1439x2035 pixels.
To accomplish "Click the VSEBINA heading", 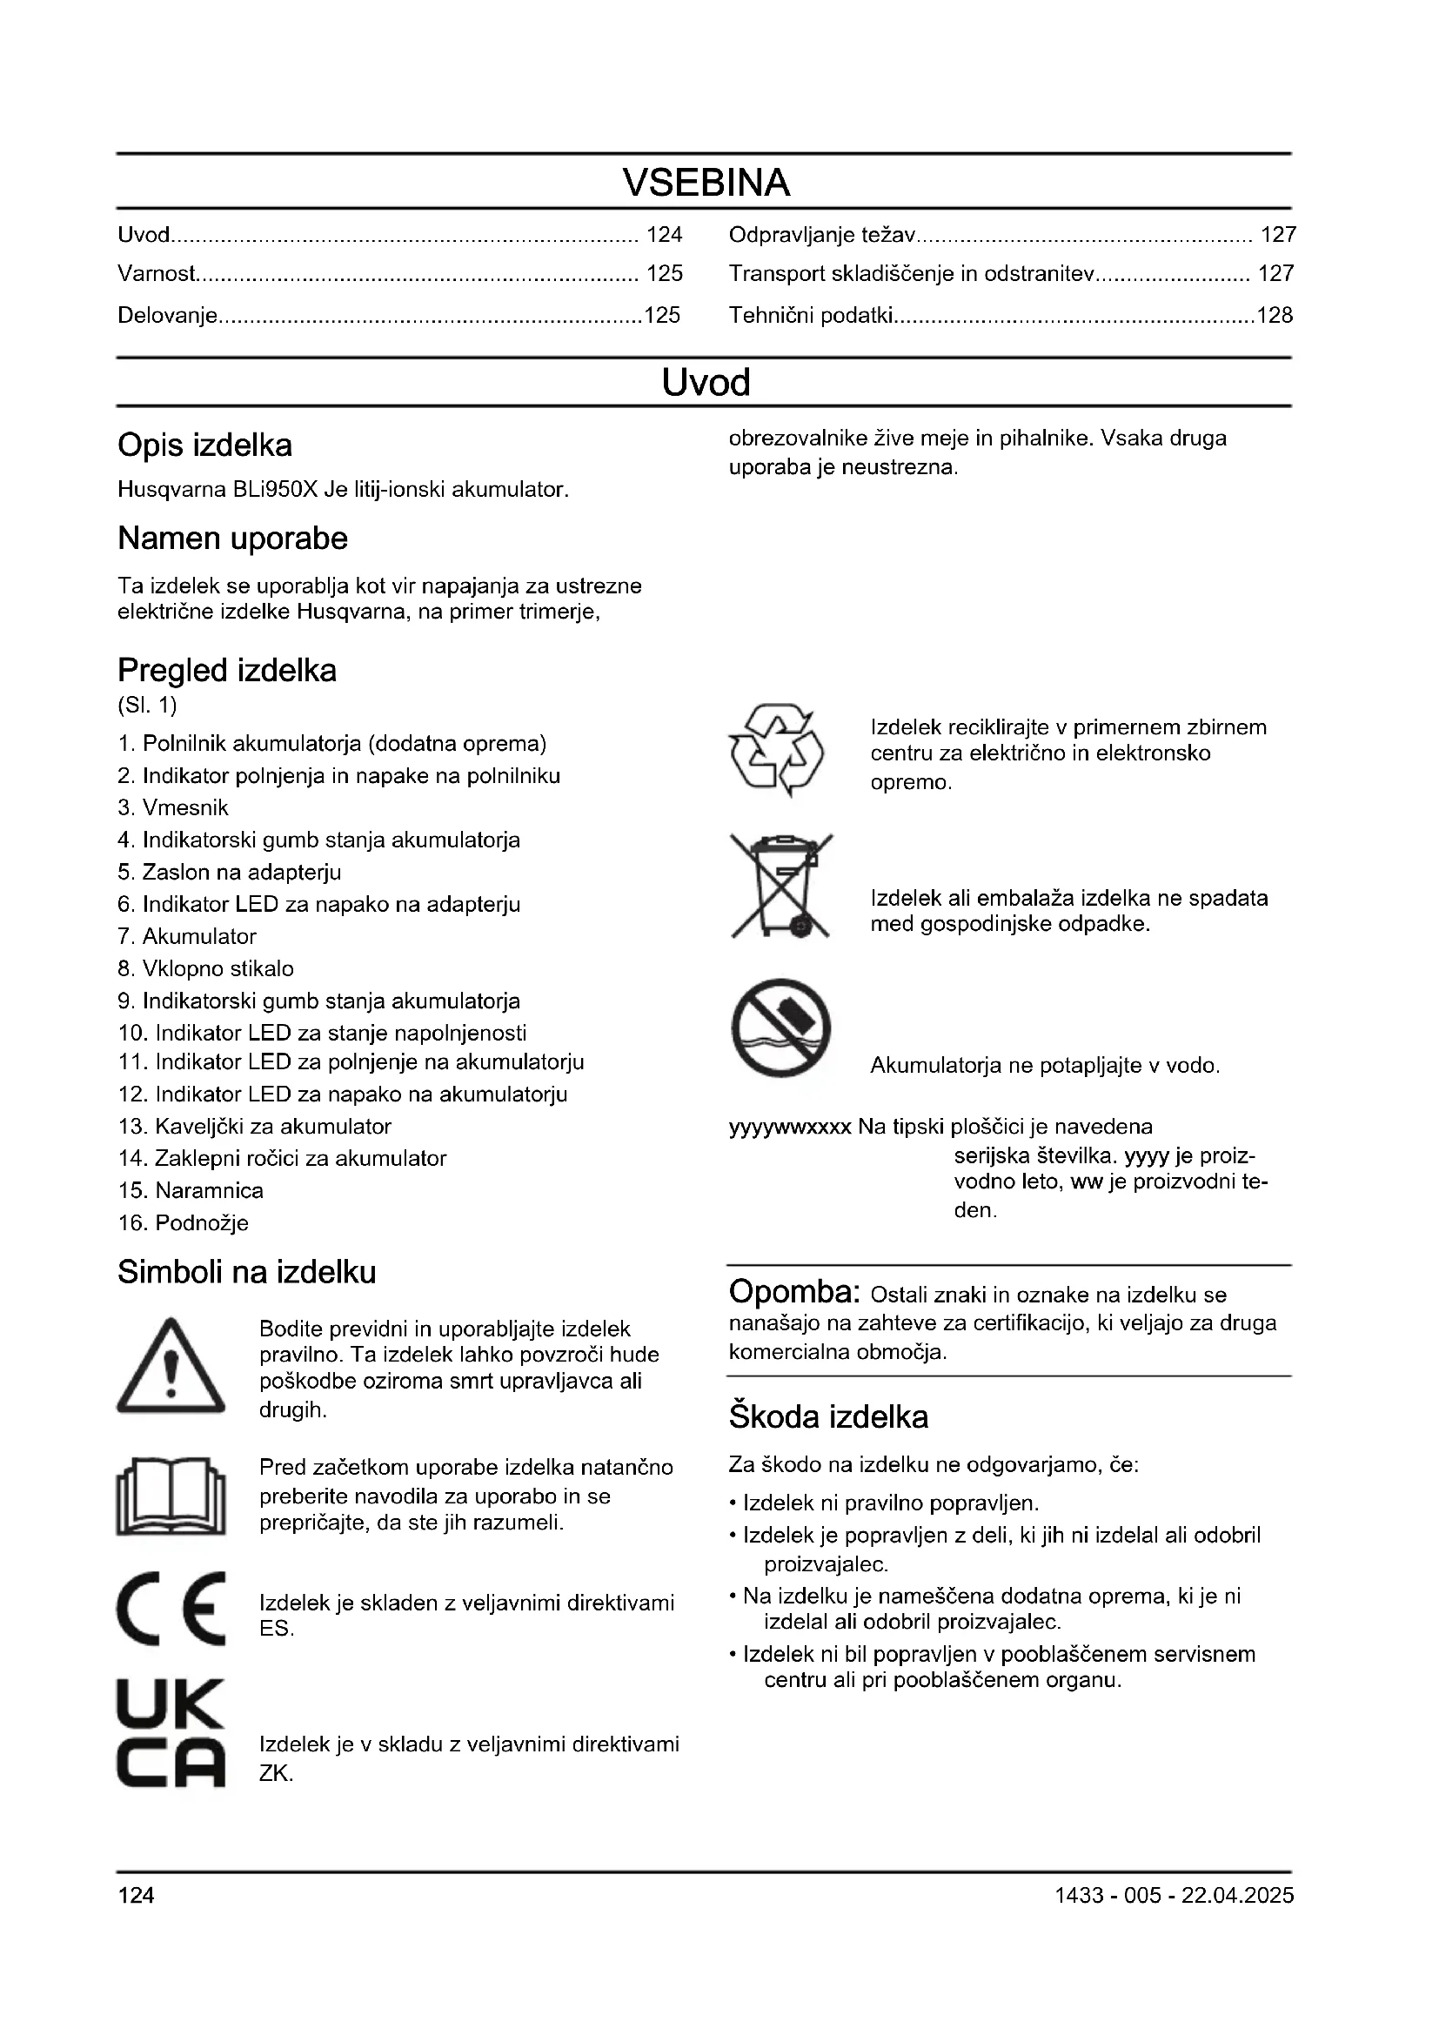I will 706,183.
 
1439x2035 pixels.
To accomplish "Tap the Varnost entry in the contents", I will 157,274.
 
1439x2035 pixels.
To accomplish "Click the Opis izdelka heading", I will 204,445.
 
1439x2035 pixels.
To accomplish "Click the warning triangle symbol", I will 171,1368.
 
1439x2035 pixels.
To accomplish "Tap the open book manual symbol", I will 171,1497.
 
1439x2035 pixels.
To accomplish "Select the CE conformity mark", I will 171,1609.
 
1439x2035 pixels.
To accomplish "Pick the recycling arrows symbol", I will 776,750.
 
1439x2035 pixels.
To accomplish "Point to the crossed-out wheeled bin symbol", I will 780,886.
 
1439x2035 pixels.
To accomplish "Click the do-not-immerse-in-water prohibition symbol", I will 780,1028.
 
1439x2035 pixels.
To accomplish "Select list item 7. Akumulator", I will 187,937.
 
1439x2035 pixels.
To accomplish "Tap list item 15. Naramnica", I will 191,1190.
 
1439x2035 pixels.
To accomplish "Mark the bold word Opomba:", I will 794,1292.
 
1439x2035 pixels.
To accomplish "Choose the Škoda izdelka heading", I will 828,1416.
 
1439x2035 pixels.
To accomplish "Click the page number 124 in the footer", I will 137,1895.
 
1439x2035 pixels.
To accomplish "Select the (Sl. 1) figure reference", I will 147,706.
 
